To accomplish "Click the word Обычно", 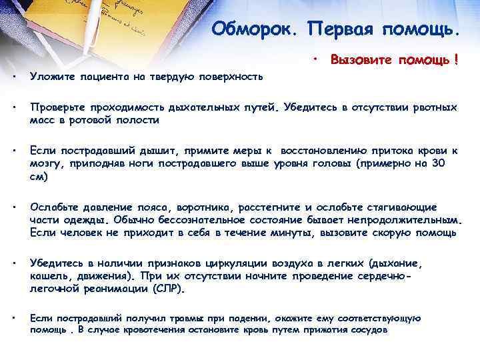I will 134,220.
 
